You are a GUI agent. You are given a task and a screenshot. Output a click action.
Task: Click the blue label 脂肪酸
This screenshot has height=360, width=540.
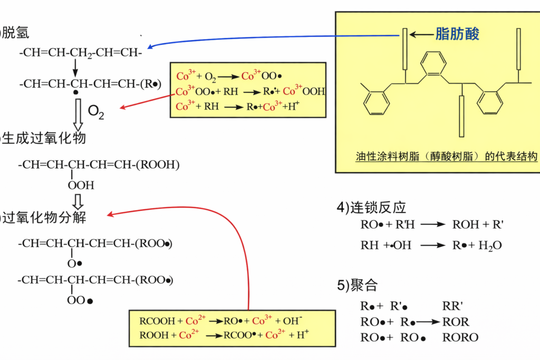(x=457, y=34)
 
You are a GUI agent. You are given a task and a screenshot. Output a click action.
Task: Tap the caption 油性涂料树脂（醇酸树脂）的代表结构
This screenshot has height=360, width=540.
(x=446, y=157)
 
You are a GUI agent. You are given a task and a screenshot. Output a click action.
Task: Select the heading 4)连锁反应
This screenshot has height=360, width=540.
(x=372, y=208)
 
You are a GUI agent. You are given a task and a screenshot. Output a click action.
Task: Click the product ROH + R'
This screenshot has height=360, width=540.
(x=478, y=225)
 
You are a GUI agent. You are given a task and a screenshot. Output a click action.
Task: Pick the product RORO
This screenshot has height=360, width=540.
(x=460, y=337)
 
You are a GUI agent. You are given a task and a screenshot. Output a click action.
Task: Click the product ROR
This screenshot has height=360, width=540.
(x=456, y=322)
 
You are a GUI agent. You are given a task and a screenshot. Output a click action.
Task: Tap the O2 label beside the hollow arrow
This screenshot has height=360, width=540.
(x=95, y=112)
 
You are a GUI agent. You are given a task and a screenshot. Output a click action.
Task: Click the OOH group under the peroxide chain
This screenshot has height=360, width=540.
(x=81, y=185)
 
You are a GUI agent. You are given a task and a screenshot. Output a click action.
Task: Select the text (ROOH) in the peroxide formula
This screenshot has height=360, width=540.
(x=157, y=165)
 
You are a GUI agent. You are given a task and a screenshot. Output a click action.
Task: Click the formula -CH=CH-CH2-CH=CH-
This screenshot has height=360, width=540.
(x=81, y=53)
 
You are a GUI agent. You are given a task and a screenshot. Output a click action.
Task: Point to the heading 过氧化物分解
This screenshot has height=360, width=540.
(x=44, y=217)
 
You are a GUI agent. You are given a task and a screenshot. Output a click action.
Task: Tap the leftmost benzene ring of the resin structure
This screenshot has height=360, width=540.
(x=377, y=102)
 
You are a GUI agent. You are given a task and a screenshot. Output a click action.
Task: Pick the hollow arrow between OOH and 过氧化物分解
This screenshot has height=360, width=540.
(x=78, y=201)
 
